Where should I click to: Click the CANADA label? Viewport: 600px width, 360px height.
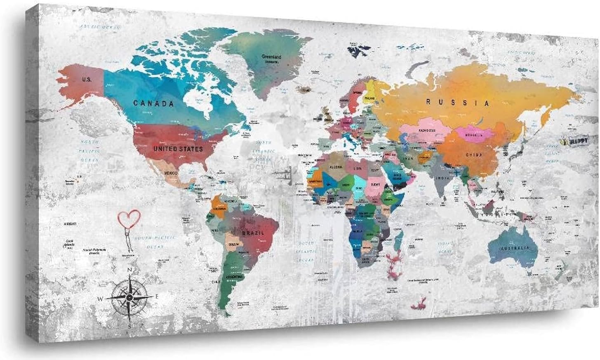[x=153, y=103]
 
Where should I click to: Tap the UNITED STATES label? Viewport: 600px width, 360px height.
[x=178, y=148]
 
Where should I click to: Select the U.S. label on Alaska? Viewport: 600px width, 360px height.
[x=87, y=79]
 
